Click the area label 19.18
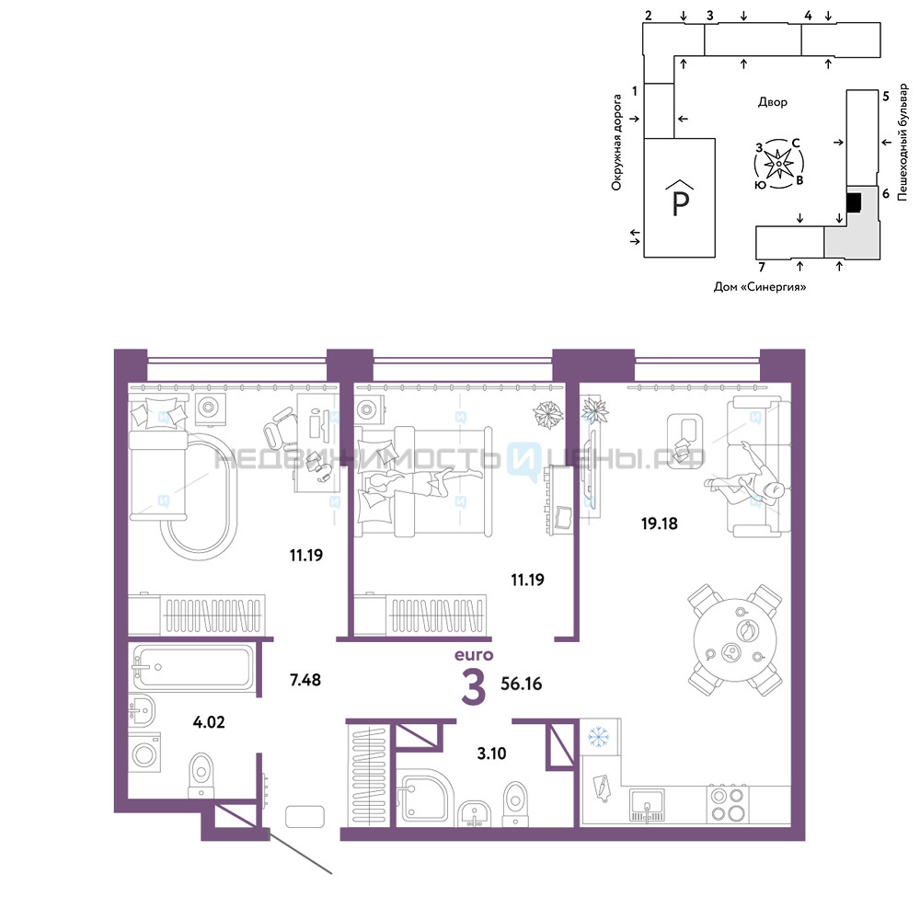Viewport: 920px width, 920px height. pos(659,523)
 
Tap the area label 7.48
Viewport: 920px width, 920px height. pos(305,680)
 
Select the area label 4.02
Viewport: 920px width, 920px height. pos(209,722)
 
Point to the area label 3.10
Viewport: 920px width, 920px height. pos(491,753)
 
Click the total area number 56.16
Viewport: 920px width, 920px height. pos(521,684)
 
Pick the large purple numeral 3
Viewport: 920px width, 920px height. pos(474,688)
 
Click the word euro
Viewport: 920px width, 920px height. pos(474,655)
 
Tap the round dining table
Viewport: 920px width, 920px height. pos(735,640)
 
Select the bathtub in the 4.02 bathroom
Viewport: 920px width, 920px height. pos(192,666)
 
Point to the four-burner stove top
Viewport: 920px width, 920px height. pos(728,804)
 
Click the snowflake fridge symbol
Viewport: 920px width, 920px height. pos(599,736)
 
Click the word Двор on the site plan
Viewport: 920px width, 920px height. pos(772,102)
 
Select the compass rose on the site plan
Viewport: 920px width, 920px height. pos(779,164)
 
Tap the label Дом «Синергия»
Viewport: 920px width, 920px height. pos(759,287)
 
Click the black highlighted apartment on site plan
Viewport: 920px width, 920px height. pos(854,203)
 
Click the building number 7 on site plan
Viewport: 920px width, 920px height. pos(762,268)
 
